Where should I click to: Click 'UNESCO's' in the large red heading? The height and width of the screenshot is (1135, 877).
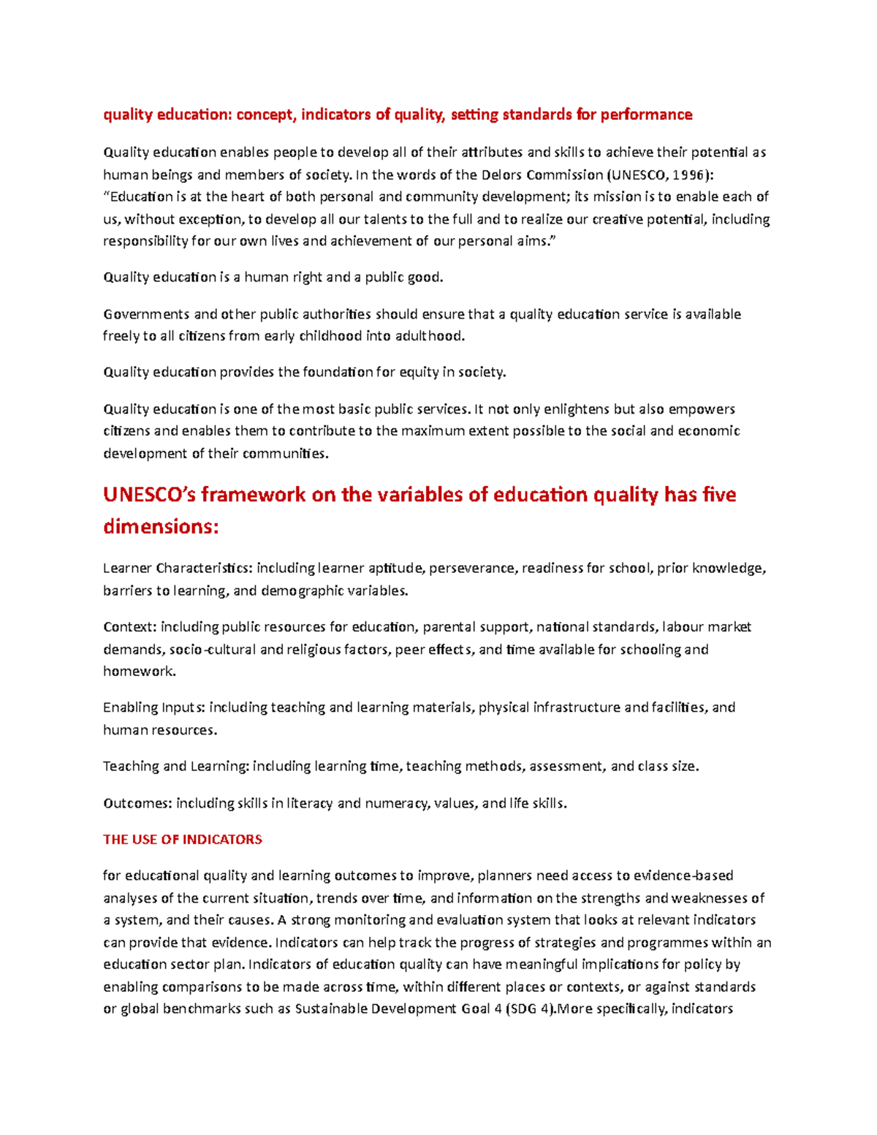[x=149, y=495]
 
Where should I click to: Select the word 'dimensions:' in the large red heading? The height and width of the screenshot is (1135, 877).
[x=161, y=527]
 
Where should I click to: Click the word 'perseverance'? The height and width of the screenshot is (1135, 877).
[x=471, y=569]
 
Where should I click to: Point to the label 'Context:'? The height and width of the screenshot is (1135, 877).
[x=129, y=627]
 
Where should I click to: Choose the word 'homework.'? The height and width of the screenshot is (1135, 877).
[x=139, y=672]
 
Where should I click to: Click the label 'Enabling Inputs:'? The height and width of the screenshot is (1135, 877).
[x=155, y=707]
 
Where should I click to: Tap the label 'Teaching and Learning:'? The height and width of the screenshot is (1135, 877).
[x=176, y=767]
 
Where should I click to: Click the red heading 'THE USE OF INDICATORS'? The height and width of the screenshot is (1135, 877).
[x=183, y=840]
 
